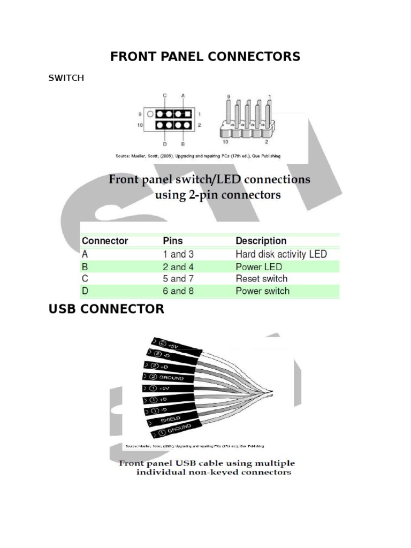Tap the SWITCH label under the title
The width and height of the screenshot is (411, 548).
tap(66, 78)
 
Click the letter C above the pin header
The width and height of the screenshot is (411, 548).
tap(165, 95)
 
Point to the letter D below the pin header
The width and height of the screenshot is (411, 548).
tap(165, 144)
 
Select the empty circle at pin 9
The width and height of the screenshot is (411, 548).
tap(151, 114)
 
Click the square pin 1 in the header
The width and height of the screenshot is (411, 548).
tap(189, 114)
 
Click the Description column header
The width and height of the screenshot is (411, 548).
tap(261, 241)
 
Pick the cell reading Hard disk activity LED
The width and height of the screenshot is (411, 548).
tap(281, 254)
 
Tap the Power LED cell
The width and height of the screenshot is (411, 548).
tap(258, 267)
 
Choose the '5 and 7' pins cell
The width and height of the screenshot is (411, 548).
tap(178, 279)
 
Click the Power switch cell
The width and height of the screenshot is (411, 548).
tap(263, 291)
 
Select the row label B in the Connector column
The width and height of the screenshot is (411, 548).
tap(85, 267)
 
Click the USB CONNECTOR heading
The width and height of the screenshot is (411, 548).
tap(106, 309)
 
